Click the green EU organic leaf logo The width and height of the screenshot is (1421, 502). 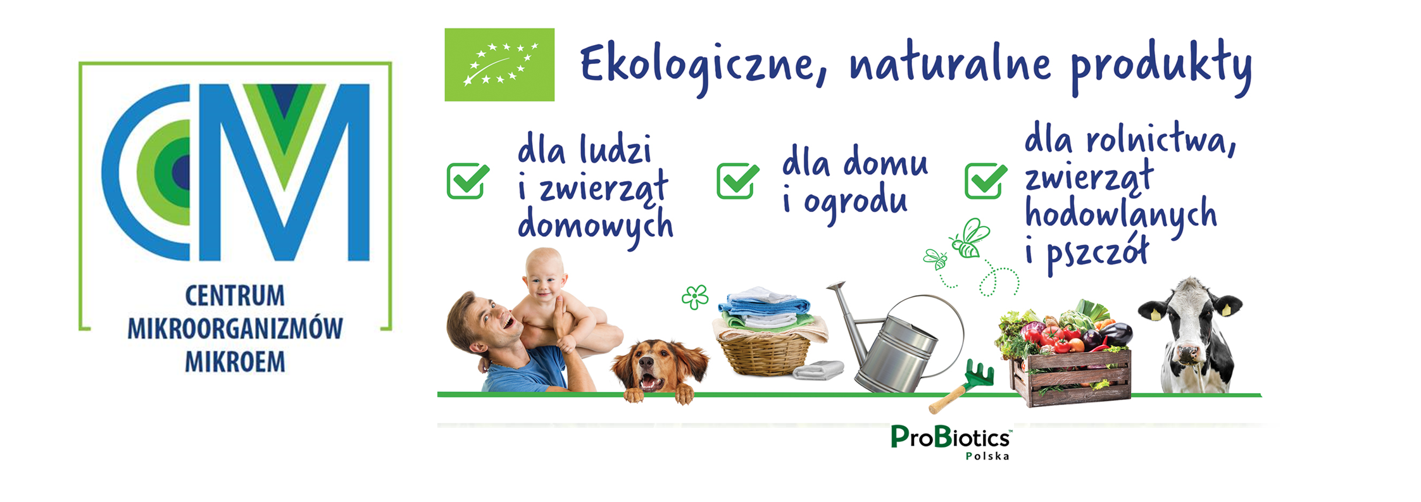499,65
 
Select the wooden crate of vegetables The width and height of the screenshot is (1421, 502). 1070,377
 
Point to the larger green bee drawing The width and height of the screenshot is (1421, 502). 968,239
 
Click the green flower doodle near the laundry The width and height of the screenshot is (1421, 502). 695,296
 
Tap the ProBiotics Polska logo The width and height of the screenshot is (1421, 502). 951,442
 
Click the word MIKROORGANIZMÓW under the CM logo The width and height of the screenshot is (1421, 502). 235,329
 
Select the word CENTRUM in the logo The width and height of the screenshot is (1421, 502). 235,296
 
